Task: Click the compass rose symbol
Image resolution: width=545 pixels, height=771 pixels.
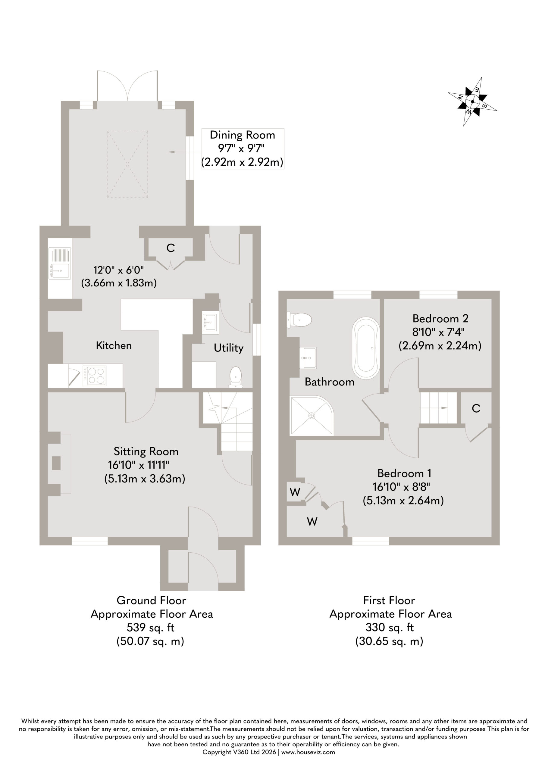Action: [x=472, y=102]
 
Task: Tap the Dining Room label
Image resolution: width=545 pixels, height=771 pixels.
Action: [x=242, y=135]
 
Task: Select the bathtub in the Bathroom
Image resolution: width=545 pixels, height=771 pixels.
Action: [x=366, y=348]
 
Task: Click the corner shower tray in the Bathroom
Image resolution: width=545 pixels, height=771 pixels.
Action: [x=312, y=415]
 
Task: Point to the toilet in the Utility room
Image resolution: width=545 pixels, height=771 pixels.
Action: [x=236, y=377]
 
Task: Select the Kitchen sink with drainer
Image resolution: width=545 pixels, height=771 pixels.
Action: [x=60, y=263]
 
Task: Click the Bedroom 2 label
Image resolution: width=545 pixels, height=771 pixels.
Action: [x=440, y=318]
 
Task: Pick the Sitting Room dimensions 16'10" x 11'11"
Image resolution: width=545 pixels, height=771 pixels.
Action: [x=138, y=465]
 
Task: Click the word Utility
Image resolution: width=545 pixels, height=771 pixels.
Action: [x=228, y=348]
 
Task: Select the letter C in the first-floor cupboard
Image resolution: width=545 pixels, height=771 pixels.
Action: [x=476, y=408]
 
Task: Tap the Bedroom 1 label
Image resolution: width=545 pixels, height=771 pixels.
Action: [x=404, y=473]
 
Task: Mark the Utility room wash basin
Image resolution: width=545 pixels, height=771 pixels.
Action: [x=211, y=322]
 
